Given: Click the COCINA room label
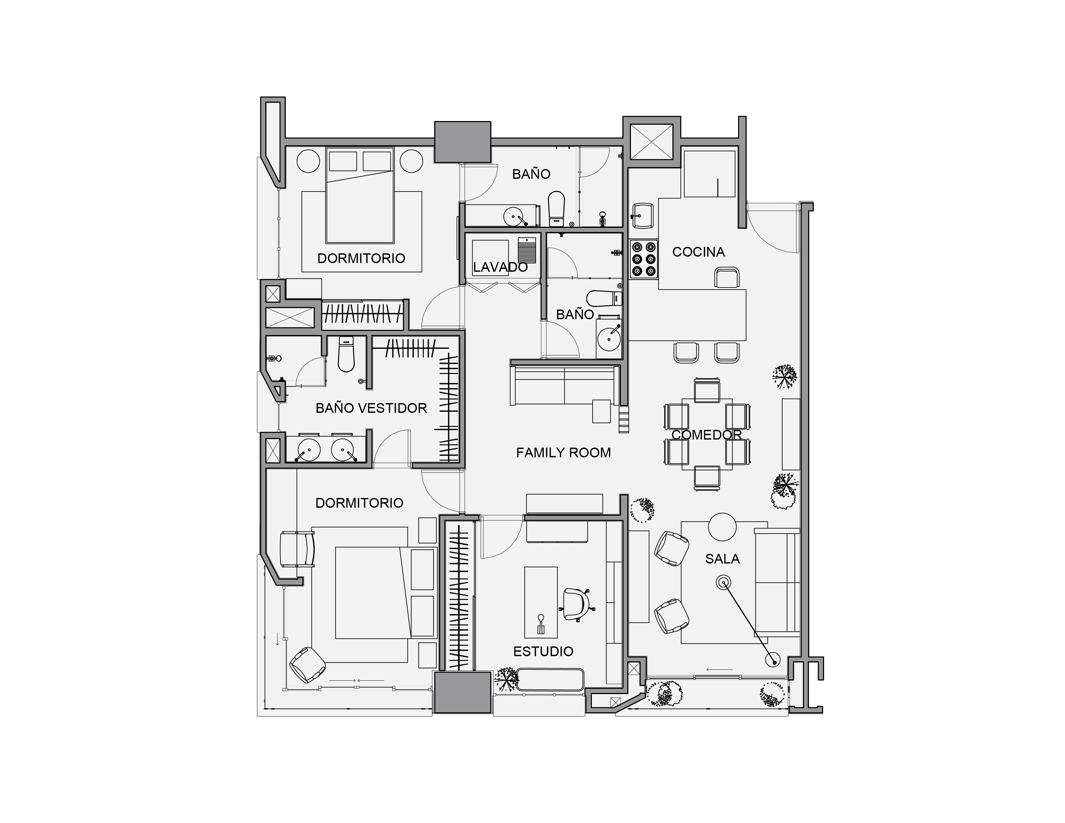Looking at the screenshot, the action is (x=698, y=252).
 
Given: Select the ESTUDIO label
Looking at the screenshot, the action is (x=543, y=651).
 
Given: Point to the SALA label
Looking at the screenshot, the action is (x=722, y=559).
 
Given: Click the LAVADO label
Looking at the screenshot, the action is (x=500, y=267).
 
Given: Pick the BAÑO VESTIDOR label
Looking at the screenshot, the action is (x=371, y=408).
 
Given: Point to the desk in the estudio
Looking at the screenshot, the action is (x=541, y=602).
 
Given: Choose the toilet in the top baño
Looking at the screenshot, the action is (x=556, y=209).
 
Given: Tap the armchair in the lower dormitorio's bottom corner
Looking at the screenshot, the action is (x=307, y=665).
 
